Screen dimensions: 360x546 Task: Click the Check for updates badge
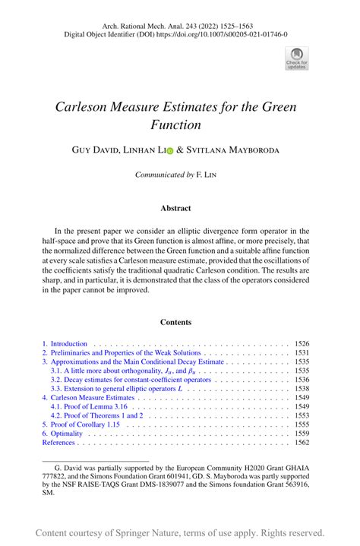pos(296,58)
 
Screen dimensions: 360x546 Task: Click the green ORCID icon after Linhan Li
pos(169,150)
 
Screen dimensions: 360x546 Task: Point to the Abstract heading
pos(175,207)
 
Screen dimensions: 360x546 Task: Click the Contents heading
pos(175,322)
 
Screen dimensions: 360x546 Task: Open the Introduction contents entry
pos(68,343)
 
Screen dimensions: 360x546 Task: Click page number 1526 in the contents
pos(302,343)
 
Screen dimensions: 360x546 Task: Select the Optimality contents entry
pos(68,432)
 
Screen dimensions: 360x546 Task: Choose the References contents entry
pos(59,442)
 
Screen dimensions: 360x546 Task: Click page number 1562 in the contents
pos(302,442)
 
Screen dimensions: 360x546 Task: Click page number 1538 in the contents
pos(302,387)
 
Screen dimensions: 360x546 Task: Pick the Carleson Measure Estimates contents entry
pos(95,397)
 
